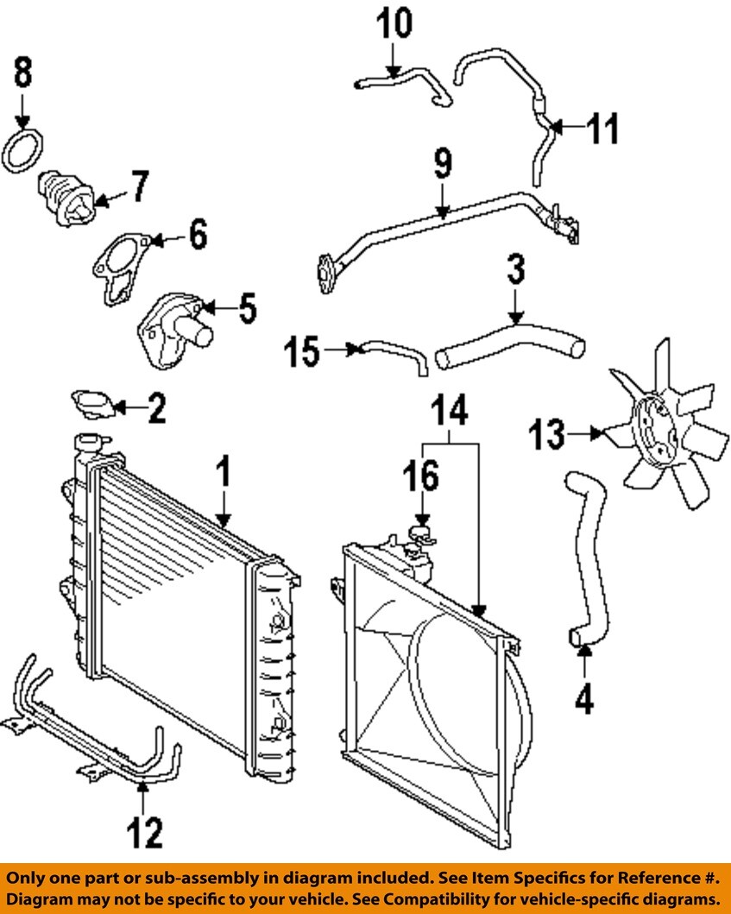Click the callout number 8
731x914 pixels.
coord(23,72)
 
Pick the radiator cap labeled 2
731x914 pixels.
coord(93,404)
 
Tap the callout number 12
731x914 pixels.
coord(145,832)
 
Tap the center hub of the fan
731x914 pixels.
coord(655,428)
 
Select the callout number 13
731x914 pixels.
coord(547,434)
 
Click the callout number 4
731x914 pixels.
coord(584,697)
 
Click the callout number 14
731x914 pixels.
coord(450,410)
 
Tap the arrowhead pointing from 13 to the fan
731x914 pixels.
coord(596,433)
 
